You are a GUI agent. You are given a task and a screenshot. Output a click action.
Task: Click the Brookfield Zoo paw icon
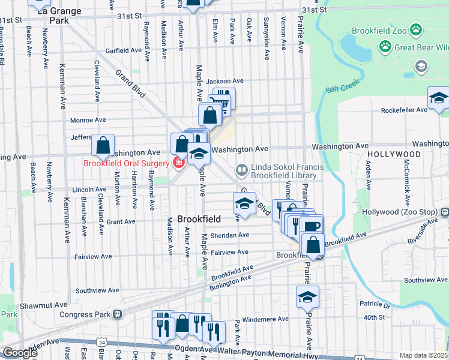[x=416, y=29]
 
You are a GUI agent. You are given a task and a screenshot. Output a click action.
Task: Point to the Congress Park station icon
[x=118, y=314]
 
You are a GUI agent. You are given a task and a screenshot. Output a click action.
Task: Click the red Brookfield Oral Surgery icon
[x=178, y=163]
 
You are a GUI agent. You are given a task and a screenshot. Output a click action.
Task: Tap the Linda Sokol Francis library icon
[x=241, y=170]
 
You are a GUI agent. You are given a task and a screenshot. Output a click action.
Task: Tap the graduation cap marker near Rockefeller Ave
[x=438, y=98]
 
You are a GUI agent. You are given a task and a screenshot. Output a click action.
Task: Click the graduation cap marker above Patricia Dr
[x=307, y=297]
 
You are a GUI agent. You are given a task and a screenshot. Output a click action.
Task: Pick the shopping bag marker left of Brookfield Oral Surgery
[x=103, y=145]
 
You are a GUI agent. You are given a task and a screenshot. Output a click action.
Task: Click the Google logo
[x=20, y=353]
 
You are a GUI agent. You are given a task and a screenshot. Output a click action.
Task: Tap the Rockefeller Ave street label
[x=406, y=110]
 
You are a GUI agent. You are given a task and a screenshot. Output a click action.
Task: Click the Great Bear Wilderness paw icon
[x=385, y=46]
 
